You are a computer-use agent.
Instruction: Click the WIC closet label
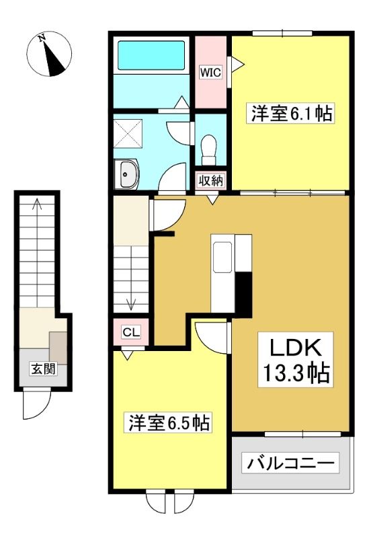click(211, 73)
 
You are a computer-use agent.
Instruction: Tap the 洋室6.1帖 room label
click(292, 113)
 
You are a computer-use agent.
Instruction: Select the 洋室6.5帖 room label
click(169, 423)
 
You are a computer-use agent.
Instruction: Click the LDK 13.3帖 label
click(296, 360)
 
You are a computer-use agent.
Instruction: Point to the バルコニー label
click(290, 463)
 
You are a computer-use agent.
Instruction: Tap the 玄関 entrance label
click(43, 369)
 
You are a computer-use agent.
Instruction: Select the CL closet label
click(131, 332)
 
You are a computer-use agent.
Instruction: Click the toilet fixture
click(208, 150)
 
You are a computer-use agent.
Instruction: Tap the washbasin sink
click(126, 174)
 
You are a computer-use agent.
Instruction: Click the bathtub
click(152, 55)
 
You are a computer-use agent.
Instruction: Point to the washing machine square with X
click(128, 134)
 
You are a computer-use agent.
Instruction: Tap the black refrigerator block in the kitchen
click(244, 294)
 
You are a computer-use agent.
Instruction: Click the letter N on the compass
click(42, 38)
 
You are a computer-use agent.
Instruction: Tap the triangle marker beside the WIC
click(237, 64)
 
